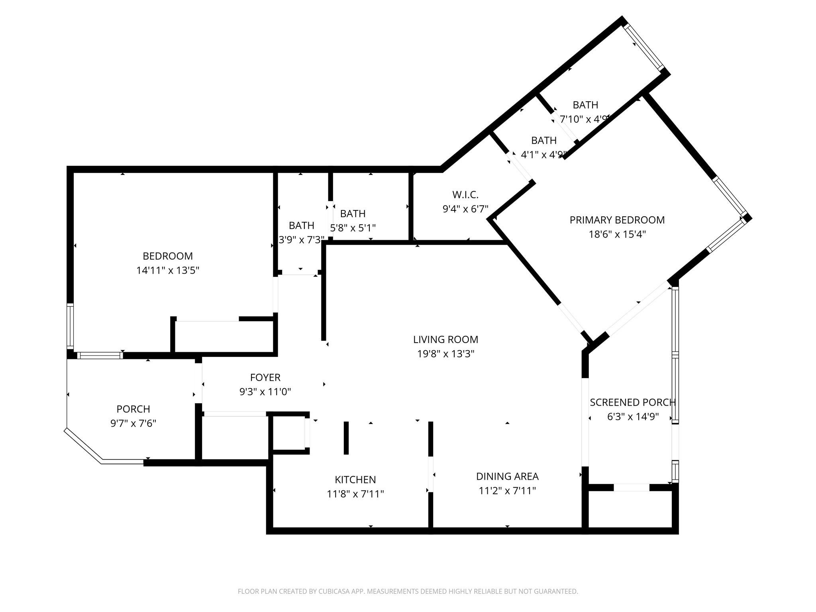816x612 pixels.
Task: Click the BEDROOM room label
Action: [x=168, y=256]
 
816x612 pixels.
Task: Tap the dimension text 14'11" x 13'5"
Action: [x=168, y=271]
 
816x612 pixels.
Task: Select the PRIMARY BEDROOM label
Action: [x=617, y=220]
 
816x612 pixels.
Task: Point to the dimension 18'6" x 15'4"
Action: [x=617, y=234]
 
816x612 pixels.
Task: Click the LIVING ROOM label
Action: [x=445, y=339]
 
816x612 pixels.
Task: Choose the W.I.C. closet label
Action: [x=465, y=195]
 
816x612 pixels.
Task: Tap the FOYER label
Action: [x=265, y=377]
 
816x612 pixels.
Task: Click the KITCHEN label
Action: [x=355, y=480]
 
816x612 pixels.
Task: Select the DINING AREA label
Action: [x=507, y=476]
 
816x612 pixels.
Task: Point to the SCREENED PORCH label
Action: [x=632, y=402]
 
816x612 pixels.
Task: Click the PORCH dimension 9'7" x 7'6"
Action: [x=133, y=423]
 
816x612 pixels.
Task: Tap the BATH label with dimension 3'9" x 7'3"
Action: [x=301, y=226]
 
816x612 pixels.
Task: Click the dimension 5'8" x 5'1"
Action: [x=353, y=228]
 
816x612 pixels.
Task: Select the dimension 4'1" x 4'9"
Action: [x=543, y=155]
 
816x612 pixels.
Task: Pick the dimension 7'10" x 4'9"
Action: [x=584, y=119]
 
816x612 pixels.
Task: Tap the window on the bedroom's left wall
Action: [x=70, y=326]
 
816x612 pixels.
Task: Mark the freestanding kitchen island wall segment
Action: [x=346, y=437]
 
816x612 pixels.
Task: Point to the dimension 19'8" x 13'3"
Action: [x=445, y=354]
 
